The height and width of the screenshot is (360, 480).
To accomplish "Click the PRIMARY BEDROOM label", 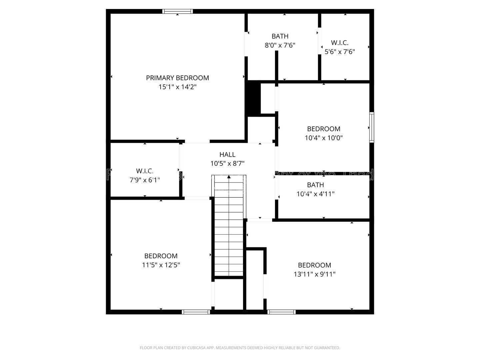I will [177, 78].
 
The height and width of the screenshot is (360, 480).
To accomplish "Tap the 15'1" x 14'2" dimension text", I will [177, 87].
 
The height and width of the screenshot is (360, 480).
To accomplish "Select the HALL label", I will [227, 155].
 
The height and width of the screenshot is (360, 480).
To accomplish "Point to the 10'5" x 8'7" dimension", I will [227, 164].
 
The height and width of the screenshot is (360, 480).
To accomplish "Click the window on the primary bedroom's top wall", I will [177, 11].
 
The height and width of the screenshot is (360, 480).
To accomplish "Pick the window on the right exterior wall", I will [372, 128].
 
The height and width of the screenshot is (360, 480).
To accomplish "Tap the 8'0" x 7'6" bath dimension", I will [280, 45].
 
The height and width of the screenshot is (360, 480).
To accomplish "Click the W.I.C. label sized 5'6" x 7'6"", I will [340, 43].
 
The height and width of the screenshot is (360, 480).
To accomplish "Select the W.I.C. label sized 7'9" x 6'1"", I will [145, 171].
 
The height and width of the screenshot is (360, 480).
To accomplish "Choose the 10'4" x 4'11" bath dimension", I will [315, 194].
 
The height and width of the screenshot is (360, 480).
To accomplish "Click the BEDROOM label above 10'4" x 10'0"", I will [323, 129].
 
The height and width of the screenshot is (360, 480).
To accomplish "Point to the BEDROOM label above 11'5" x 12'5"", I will [161, 256].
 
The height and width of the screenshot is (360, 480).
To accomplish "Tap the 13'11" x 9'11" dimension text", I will [314, 274].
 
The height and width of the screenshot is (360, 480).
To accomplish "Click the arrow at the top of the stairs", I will [229, 177].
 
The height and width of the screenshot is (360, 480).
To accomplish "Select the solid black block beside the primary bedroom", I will [253, 98].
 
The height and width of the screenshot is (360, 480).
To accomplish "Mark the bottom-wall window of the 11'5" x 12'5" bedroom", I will [196, 312].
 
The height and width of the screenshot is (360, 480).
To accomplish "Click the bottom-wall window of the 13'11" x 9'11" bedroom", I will [282, 312].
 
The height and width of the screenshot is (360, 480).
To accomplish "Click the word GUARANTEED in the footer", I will [325, 348].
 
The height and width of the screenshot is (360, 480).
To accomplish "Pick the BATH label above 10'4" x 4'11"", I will [315, 185].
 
